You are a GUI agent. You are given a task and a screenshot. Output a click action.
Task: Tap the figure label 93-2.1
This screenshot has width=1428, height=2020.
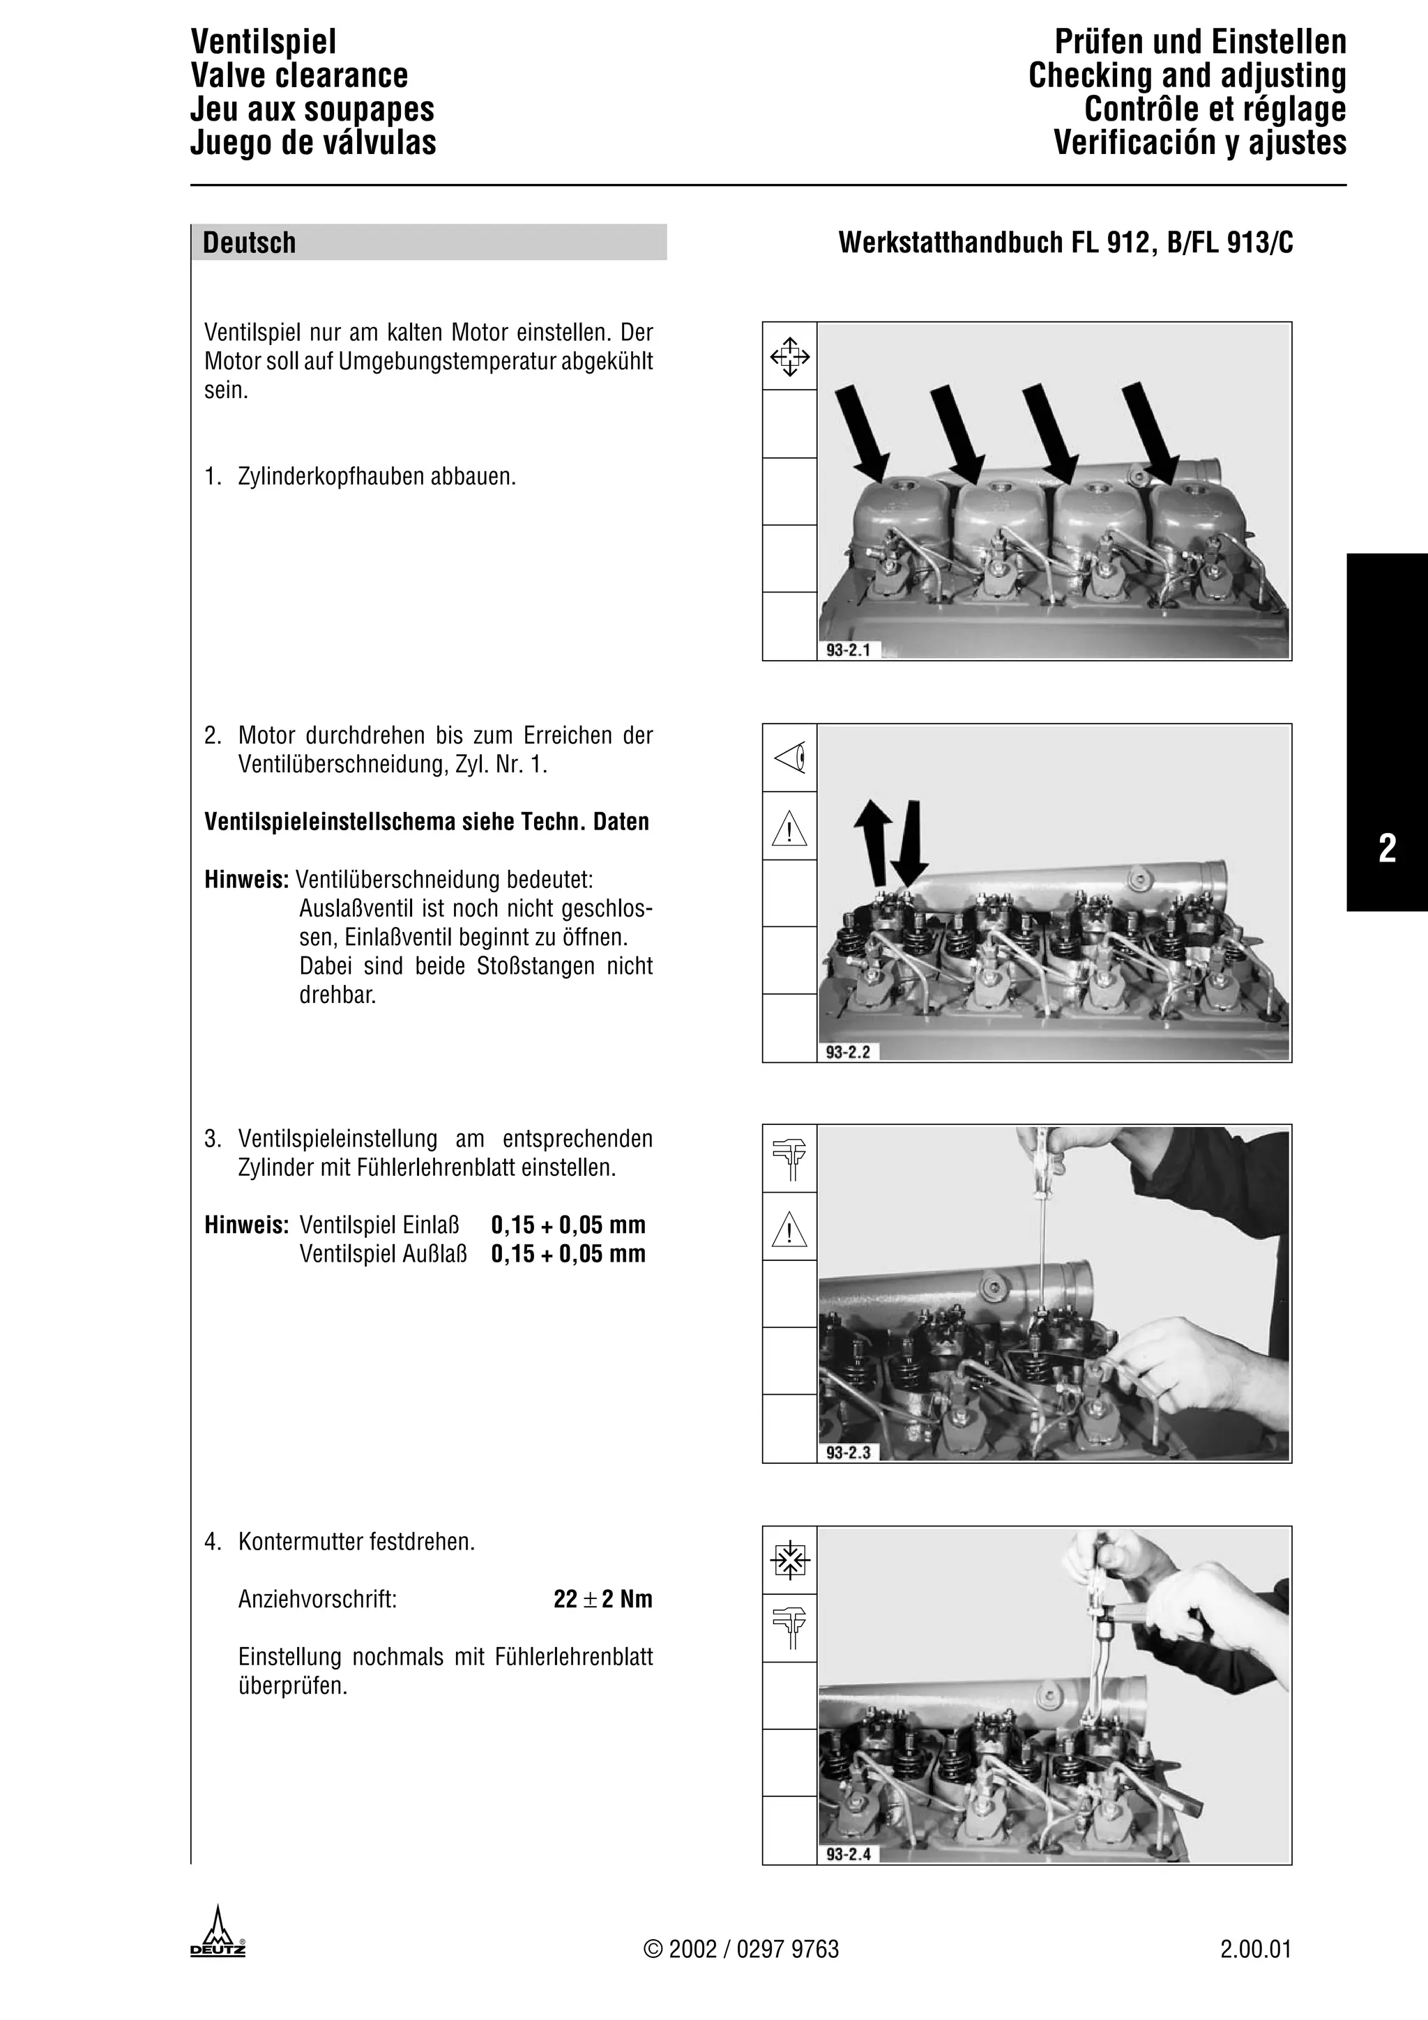point(848,650)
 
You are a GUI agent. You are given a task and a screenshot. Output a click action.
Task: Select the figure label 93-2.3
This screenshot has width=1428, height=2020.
point(848,1453)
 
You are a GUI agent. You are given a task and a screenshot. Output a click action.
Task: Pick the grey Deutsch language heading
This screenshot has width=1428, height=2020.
point(249,243)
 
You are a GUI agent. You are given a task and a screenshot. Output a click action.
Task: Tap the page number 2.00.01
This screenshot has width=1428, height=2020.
point(1256,1950)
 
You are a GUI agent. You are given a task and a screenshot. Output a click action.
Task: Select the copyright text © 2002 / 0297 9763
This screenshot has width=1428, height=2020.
point(742,1950)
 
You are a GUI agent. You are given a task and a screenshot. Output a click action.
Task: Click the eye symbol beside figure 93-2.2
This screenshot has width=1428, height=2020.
point(790,758)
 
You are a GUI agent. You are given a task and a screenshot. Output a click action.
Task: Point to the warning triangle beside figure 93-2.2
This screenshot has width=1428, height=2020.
point(789,829)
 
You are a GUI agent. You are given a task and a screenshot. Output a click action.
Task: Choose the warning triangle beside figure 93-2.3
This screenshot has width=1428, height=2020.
point(789,1229)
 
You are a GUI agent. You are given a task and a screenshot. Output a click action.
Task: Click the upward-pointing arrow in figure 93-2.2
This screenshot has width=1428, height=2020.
point(873,840)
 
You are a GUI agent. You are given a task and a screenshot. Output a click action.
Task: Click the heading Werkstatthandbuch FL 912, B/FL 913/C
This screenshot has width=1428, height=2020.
point(1065,243)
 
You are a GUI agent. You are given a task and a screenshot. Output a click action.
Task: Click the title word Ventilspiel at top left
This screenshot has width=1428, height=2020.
point(263,41)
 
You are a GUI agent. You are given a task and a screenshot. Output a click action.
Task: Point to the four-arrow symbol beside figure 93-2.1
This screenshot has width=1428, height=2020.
point(790,356)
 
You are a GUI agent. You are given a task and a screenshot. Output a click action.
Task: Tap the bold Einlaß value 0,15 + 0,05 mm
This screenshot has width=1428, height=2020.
point(568,1225)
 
